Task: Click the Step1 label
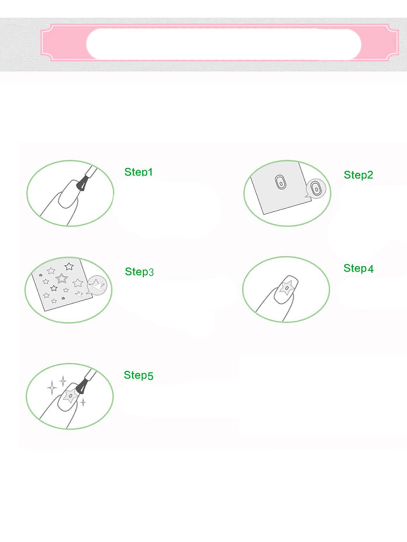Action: [x=139, y=172]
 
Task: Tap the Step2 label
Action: [x=358, y=175]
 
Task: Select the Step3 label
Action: [x=139, y=271]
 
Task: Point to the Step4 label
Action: [x=358, y=268]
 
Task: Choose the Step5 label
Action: [x=139, y=375]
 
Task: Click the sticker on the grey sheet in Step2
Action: [x=280, y=182]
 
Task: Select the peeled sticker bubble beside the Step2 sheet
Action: [x=315, y=189]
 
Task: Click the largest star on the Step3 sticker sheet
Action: [x=62, y=278]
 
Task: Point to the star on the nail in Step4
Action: [x=286, y=288]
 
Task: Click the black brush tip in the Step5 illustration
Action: [x=81, y=387]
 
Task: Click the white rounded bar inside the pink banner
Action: [x=224, y=44]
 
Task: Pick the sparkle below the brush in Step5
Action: [x=83, y=403]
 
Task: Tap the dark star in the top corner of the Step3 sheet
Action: [x=69, y=267]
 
